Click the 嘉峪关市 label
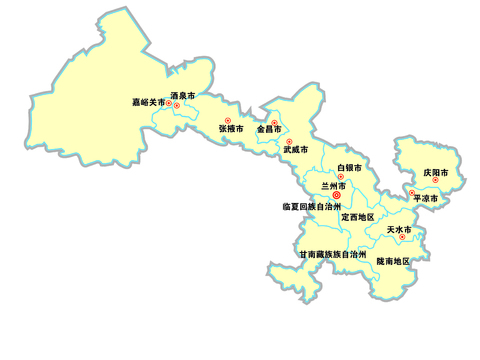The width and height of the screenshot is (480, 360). (x=148, y=103)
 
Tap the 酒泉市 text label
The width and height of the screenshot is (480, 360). (x=183, y=95)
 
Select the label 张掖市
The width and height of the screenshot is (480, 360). (x=231, y=129)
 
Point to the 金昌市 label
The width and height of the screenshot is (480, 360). (x=270, y=130)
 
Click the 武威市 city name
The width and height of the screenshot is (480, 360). (x=295, y=150)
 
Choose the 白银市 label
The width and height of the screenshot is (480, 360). (x=349, y=168)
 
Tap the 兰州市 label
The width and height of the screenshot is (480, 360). (x=334, y=186)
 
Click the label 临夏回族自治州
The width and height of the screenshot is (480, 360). (x=312, y=207)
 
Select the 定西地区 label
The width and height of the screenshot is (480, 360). (x=357, y=217)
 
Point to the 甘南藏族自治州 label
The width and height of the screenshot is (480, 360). (x=333, y=255)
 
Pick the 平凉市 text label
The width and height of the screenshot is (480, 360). (x=426, y=199)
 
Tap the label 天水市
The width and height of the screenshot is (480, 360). (x=401, y=229)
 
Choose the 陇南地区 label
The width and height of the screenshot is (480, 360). (x=394, y=261)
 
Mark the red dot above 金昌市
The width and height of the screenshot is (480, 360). (x=274, y=122)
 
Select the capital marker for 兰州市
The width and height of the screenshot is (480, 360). (x=336, y=195)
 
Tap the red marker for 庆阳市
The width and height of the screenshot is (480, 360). (x=435, y=181)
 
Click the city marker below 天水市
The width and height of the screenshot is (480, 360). (x=402, y=237)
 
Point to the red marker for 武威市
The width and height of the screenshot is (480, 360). (x=289, y=141)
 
